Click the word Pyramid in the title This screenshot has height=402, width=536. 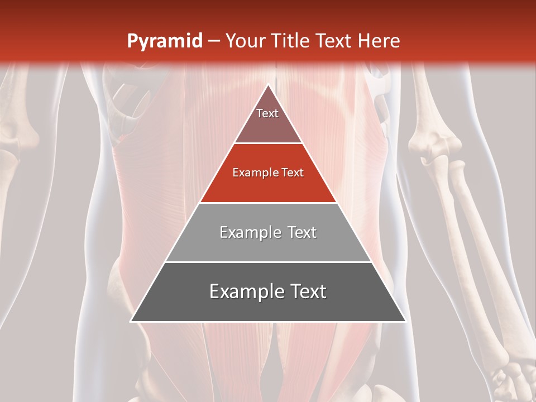(x=164, y=41)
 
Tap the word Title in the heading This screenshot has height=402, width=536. (x=292, y=41)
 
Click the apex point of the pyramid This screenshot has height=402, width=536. (x=268, y=85)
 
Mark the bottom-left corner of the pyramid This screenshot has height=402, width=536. (x=131, y=321)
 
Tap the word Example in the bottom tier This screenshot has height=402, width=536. (x=243, y=292)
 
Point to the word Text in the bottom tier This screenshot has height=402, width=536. (x=307, y=292)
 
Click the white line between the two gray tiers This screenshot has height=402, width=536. (x=268, y=262)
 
